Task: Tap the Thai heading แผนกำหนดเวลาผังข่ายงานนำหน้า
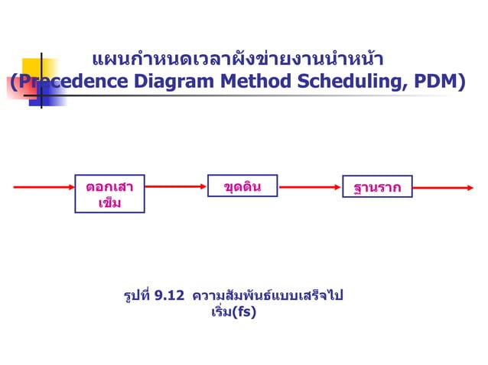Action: (237, 59)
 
